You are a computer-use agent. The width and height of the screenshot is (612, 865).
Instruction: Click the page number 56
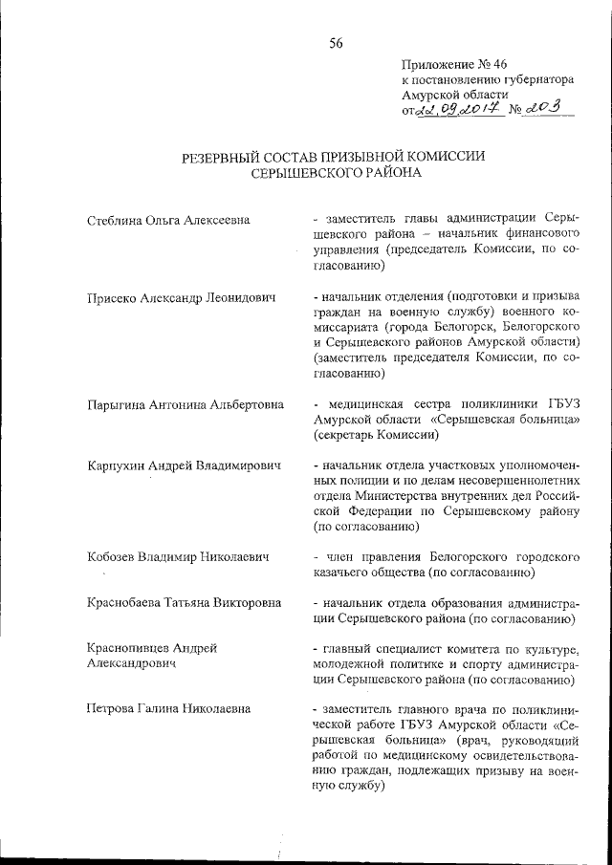[336, 42]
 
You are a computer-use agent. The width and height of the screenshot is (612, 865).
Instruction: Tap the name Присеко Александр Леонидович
[180, 299]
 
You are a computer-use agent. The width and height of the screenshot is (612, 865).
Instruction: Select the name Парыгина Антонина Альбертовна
[184, 404]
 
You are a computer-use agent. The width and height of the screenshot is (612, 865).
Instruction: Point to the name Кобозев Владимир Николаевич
[175, 556]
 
